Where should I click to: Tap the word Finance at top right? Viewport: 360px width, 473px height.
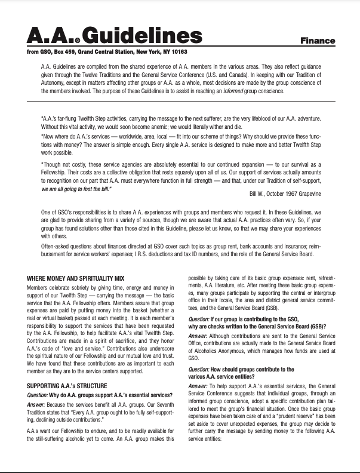click(317, 41)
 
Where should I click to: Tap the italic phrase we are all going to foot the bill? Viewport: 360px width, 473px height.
click(76, 189)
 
